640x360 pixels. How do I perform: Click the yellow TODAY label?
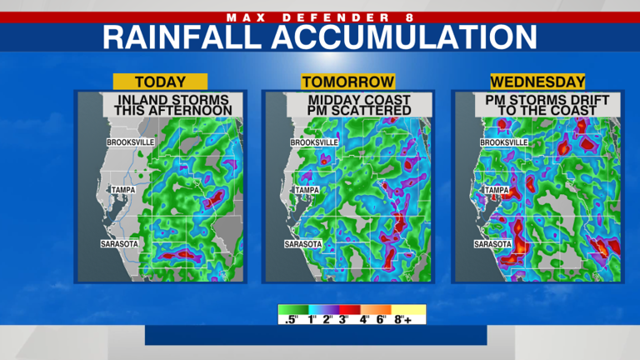pos(159,82)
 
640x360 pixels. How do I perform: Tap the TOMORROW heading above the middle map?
pos(347,82)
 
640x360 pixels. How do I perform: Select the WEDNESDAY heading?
pos(537,82)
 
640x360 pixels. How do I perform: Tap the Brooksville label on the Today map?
pos(131,142)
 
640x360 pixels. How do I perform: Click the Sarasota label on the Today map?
pos(119,244)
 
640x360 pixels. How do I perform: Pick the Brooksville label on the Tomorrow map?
pos(314,142)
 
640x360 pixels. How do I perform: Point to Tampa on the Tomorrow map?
pos(305,190)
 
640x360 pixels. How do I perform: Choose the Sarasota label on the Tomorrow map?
pos(302,244)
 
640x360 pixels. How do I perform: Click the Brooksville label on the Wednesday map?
pos(504,142)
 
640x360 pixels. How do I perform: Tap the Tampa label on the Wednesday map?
pos(497,190)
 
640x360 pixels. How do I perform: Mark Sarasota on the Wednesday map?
pos(492,244)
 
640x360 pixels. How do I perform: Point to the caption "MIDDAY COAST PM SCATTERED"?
pos(347,105)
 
